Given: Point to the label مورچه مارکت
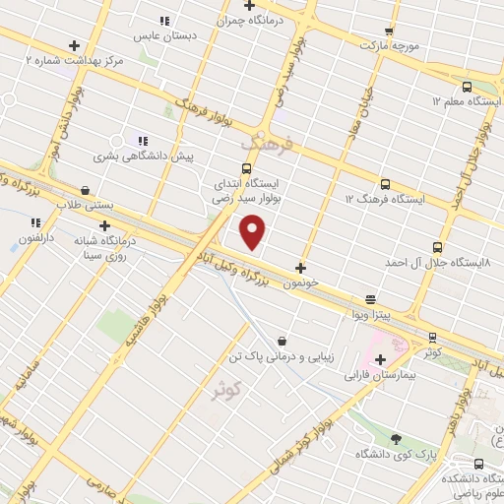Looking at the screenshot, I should [390, 45].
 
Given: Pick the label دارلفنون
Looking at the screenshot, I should [28, 238].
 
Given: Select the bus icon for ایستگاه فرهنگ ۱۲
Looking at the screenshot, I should [385, 183].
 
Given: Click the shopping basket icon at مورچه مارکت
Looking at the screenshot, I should [391, 31].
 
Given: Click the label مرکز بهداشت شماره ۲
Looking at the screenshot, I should [74, 60].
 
